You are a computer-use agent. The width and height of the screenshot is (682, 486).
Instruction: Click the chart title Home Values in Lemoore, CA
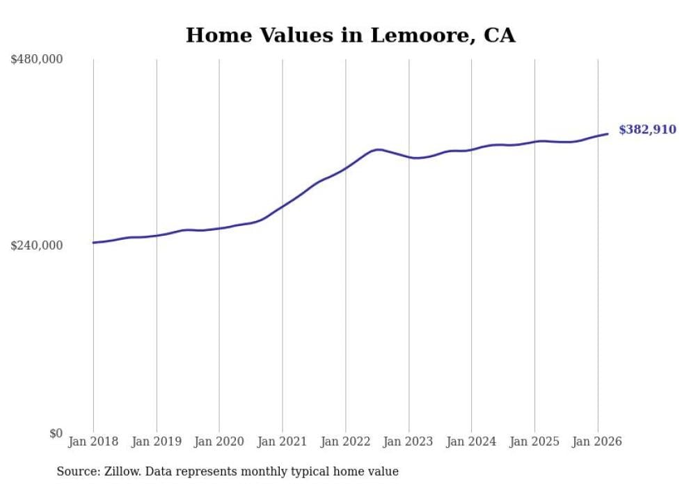(350, 35)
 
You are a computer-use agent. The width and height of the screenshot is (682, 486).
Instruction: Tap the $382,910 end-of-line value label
(647, 129)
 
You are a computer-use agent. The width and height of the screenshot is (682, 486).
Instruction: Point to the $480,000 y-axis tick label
(37, 60)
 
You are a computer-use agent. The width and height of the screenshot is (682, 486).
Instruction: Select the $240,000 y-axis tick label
(37, 245)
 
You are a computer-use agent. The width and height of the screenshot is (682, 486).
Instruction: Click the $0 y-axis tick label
(56, 433)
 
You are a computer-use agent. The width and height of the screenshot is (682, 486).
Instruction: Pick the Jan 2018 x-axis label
(93, 442)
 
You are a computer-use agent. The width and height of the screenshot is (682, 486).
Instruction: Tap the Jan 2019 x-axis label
(157, 442)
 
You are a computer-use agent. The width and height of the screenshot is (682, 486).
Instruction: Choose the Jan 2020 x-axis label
(219, 442)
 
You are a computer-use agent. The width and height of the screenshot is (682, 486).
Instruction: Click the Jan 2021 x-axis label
(283, 442)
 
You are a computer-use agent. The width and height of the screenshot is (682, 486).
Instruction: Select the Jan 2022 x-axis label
(345, 442)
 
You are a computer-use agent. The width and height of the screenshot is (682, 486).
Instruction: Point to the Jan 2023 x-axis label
(409, 442)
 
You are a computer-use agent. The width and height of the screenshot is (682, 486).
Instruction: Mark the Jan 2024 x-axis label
(471, 442)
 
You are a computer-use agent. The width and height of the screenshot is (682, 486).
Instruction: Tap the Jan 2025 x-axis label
(534, 442)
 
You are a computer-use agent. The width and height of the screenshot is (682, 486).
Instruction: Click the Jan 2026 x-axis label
(597, 442)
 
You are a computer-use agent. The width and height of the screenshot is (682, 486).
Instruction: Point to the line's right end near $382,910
(608, 133)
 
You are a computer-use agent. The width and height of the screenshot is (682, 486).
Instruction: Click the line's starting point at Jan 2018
(93, 243)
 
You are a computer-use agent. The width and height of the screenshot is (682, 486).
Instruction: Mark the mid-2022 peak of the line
(378, 149)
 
